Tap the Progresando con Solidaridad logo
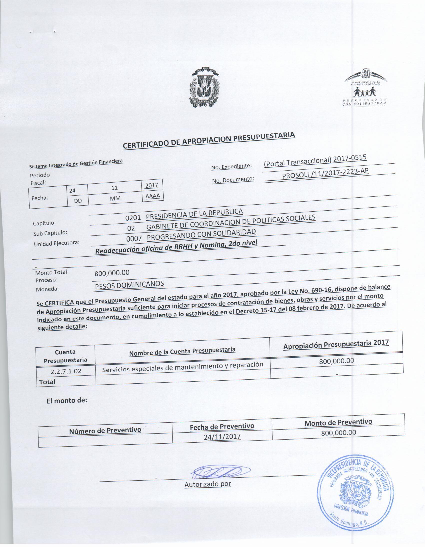[365, 88]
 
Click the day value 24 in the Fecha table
[72, 191]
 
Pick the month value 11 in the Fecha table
[115, 188]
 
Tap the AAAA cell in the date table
[153, 196]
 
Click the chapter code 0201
[133, 217]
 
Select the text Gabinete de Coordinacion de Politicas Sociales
[231, 222]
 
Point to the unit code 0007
[134, 238]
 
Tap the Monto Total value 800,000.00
[112, 273]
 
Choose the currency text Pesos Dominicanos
[129, 285]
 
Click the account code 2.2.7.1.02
[66, 371]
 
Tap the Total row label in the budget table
[47, 382]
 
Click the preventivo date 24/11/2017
[222, 437]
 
